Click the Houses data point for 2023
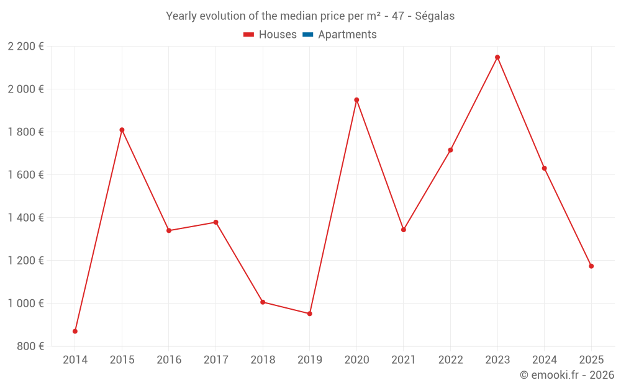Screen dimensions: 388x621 click(x=497, y=57)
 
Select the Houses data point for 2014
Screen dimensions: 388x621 click(x=75, y=332)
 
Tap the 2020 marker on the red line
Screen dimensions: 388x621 click(x=356, y=100)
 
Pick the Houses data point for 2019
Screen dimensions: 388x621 click(x=309, y=314)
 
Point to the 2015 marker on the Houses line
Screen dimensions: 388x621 click(x=122, y=130)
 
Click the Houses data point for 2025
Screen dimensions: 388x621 click(x=591, y=266)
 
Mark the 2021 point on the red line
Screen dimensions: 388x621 click(x=404, y=230)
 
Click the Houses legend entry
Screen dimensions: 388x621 click(x=278, y=35)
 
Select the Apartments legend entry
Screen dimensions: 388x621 click(x=347, y=35)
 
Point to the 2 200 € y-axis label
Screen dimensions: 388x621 click(x=25, y=47)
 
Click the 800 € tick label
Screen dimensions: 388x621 click(x=30, y=346)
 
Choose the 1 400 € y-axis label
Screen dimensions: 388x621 click(x=25, y=218)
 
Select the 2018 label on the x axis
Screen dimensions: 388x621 click(x=263, y=360)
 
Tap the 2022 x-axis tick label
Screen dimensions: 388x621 click(x=450, y=360)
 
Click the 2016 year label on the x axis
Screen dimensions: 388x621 click(x=169, y=360)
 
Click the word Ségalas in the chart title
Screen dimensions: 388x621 click(x=435, y=16)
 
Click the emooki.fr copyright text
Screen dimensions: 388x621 click(x=567, y=375)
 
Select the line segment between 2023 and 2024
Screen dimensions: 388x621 click(x=521, y=113)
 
